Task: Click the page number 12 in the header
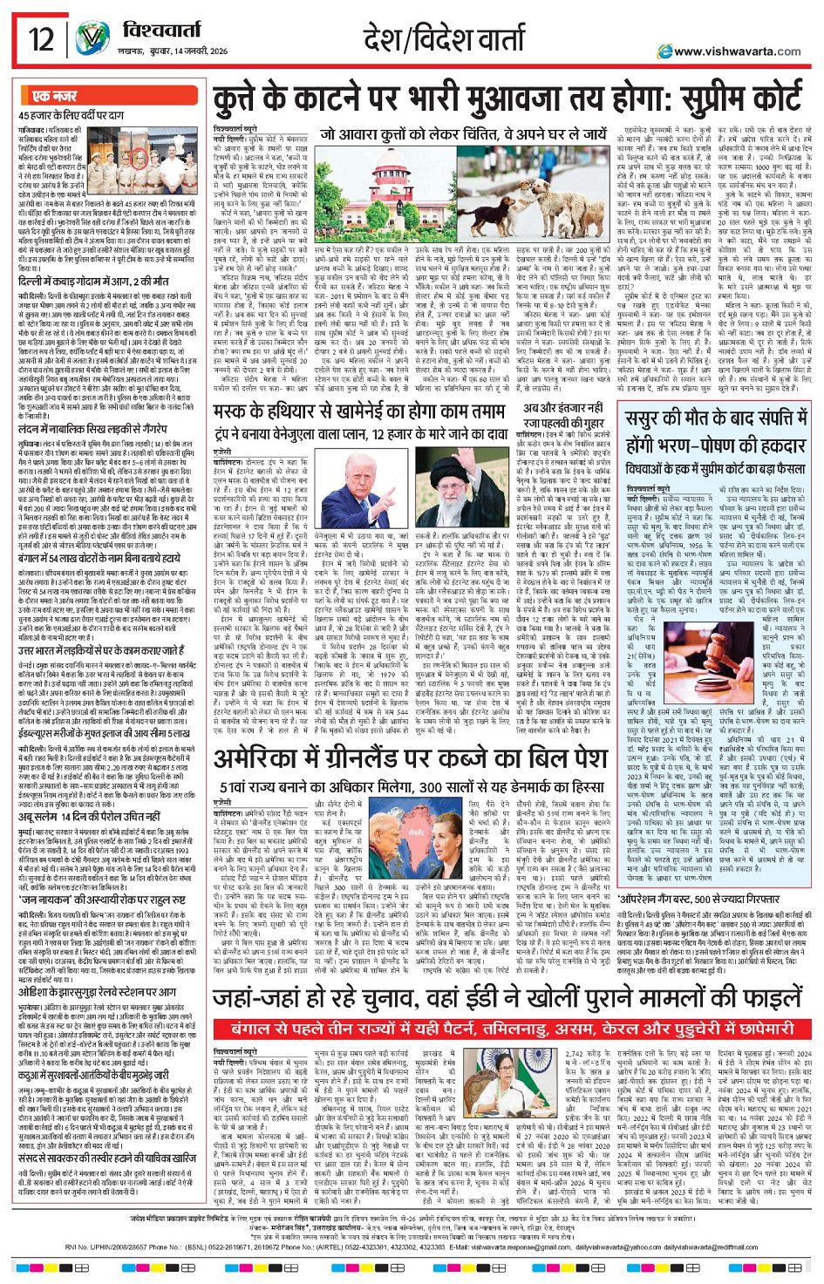pos(40,39)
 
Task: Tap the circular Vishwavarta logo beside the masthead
pos(92,40)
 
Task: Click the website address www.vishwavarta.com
pos(736,51)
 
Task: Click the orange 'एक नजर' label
pos(54,96)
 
